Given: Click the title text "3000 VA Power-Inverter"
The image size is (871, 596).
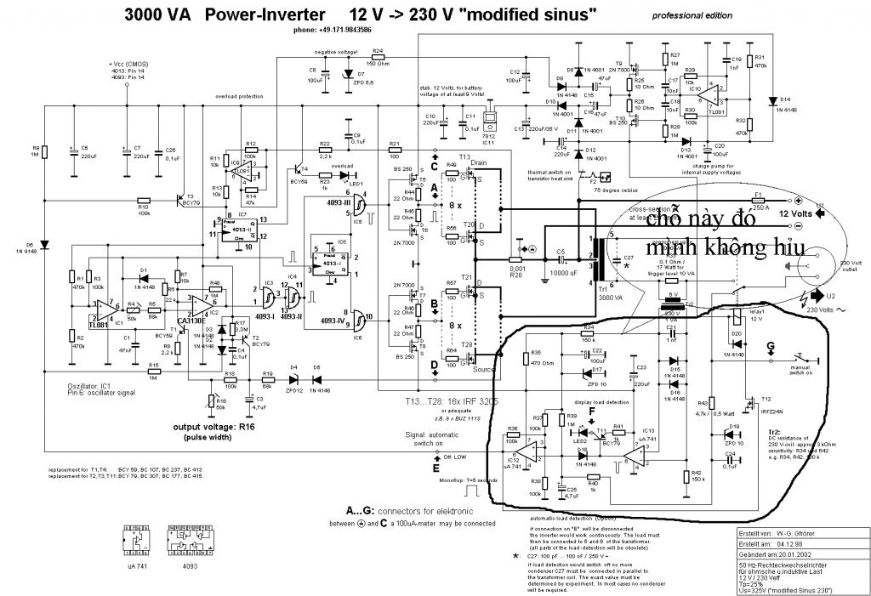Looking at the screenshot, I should [225, 15].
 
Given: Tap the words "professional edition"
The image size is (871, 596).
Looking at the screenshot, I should [692, 16].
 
